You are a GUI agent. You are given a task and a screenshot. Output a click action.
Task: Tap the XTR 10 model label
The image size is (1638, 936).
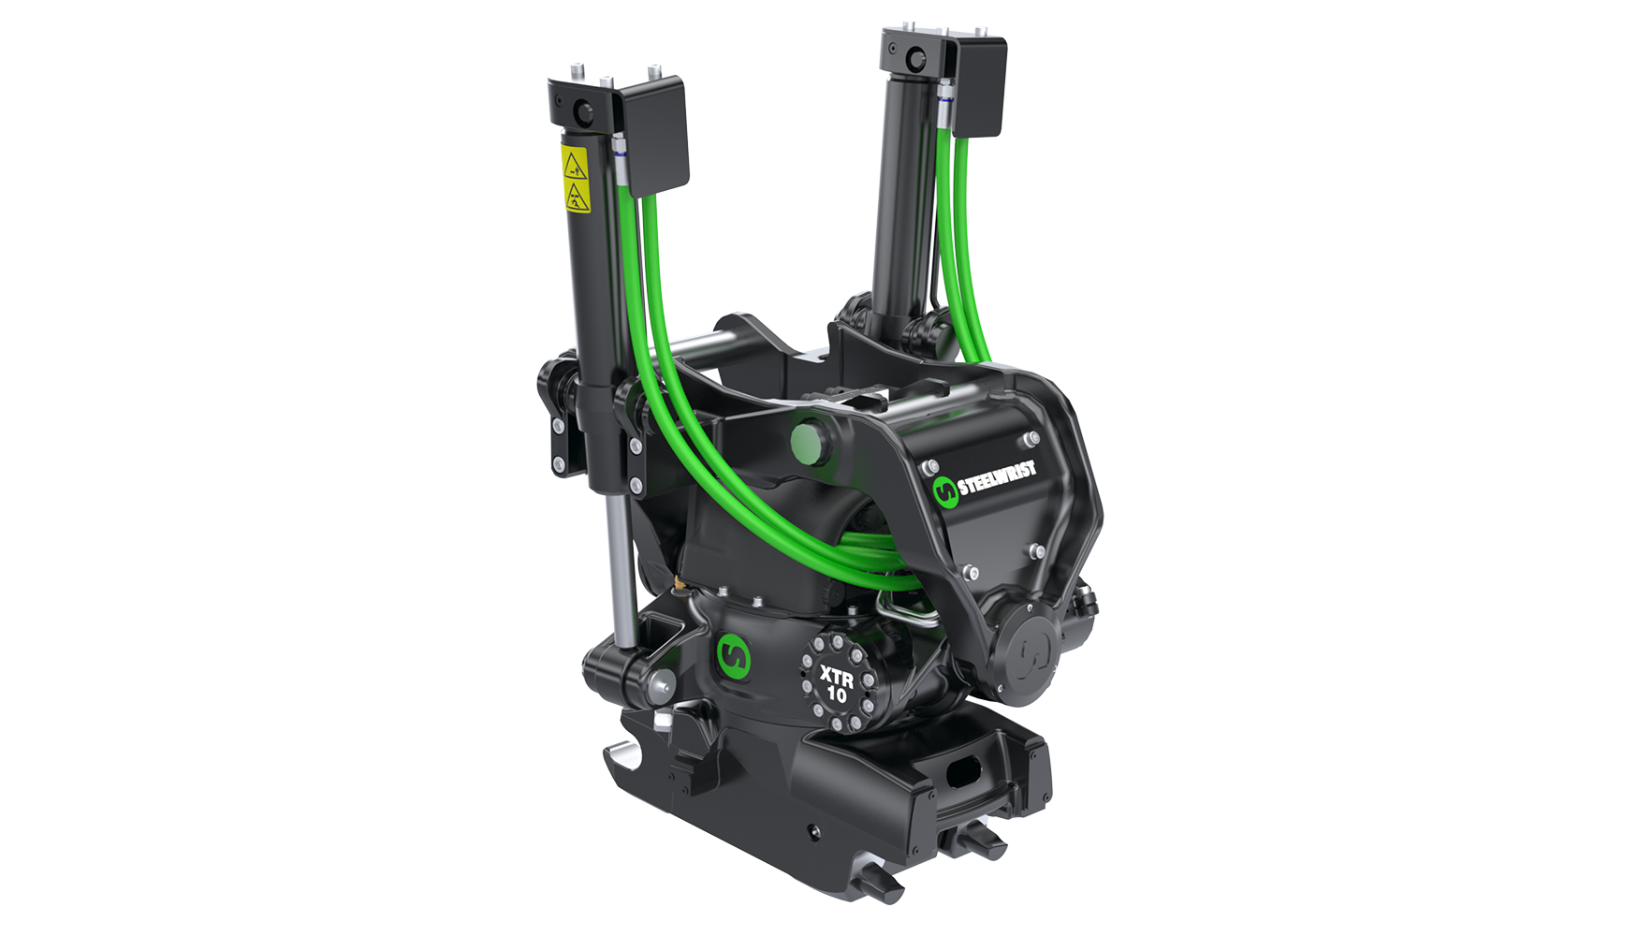[x=836, y=683]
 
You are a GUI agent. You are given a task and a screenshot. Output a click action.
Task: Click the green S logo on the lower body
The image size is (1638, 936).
[x=734, y=657]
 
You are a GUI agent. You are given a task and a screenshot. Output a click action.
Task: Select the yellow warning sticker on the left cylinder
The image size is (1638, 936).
[x=575, y=179]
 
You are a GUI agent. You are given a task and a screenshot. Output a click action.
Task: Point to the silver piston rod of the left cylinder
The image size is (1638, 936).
[x=618, y=571]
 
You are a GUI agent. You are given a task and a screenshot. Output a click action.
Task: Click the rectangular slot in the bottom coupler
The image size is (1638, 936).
[x=963, y=772]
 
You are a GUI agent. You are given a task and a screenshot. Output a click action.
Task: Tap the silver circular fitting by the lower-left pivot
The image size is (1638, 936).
[x=661, y=685]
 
